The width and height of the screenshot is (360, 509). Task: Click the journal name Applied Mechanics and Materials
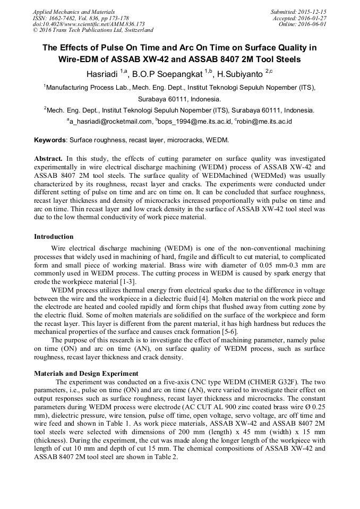tap(74, 11)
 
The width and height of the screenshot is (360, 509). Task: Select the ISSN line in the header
tap(78, 18)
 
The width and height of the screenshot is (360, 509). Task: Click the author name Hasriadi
tap(102, 73)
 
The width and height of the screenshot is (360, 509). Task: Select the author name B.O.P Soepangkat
tap(166, 73)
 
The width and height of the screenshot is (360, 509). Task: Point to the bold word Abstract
tap(48, 159)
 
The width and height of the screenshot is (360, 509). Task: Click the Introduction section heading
tap(54, 237)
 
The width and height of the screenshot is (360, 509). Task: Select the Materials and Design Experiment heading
tap(86, 374)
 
